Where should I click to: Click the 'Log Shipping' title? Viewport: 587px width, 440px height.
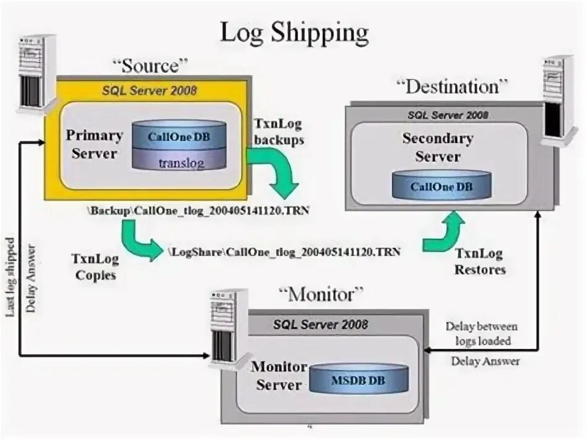coord(294,33)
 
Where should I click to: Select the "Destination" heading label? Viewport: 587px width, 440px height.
coord(451,87)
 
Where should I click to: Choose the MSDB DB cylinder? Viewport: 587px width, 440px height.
coord(359,379)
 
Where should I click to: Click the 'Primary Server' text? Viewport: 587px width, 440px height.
coord(94,144)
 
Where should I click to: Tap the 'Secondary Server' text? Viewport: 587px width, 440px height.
coord(438,147)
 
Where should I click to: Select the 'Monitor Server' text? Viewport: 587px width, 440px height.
coord(279,376)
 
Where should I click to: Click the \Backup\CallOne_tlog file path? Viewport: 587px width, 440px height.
coord(198,211)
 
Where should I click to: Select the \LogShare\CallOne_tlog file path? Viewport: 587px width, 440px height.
coord(284,252)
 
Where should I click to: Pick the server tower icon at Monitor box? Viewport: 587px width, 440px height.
coord(224,327)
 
